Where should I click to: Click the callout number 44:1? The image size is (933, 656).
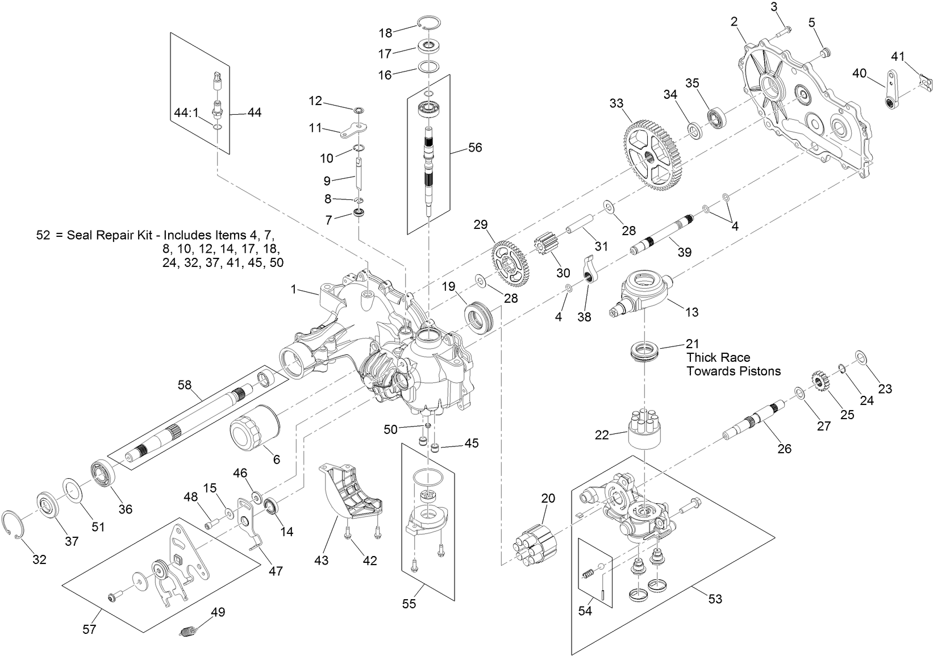(x=186, y=112)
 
